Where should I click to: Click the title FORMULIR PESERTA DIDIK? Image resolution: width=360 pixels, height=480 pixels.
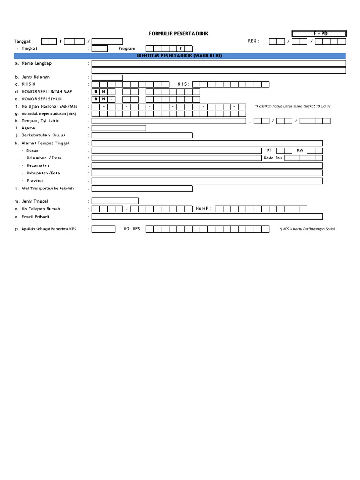(178, 34)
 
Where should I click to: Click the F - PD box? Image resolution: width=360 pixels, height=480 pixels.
(319, 34)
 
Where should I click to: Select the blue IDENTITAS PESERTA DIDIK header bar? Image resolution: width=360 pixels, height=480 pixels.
(180, 55)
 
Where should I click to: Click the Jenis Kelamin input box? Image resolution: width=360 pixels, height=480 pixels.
(107, 77)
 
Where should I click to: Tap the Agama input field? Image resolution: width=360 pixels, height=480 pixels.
(119, 128)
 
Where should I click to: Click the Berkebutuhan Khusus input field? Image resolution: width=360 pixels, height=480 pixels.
(142, 135)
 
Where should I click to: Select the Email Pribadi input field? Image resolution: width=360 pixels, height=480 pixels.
(207, 217)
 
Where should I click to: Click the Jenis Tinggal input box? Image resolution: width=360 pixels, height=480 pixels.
(115, 201)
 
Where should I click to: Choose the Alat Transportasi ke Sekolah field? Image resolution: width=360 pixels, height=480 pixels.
(142, 188)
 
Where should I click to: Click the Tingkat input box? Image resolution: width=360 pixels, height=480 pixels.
(99, 48)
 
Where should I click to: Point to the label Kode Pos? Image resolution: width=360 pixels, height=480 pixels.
(272, 158)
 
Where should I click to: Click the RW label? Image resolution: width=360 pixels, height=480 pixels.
(300, 150)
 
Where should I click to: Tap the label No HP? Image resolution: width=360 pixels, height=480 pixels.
(203, 208)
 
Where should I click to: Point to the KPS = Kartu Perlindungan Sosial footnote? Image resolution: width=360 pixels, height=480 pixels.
(307, 229)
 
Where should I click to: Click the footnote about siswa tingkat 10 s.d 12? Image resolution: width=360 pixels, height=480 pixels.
(293, 106)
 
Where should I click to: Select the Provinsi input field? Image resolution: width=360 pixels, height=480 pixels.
(207, 180)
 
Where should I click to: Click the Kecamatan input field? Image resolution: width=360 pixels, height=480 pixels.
(207, 165)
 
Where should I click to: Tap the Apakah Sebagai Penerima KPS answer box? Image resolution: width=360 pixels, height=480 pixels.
(104, 229)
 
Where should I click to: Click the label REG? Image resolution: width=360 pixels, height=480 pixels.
(253, 41)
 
